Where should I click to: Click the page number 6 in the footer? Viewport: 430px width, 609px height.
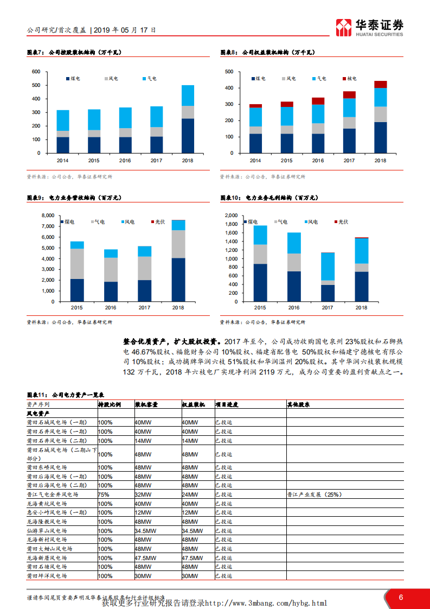click(x=401, y=597)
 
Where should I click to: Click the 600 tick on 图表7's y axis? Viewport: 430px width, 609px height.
click(x=36, y=72)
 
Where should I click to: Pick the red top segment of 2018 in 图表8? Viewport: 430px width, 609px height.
click(x=380, y=84)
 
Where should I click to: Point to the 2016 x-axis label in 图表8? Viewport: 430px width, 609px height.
click(x=318, y=161)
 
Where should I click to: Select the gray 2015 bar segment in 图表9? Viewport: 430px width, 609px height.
click(x=77, y=264)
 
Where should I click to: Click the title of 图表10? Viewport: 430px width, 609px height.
click(x=268, y=199)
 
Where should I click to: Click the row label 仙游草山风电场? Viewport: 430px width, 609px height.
click(x=47, y=530)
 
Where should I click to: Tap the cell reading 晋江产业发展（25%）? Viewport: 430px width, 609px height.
click(x=314, y=494)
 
